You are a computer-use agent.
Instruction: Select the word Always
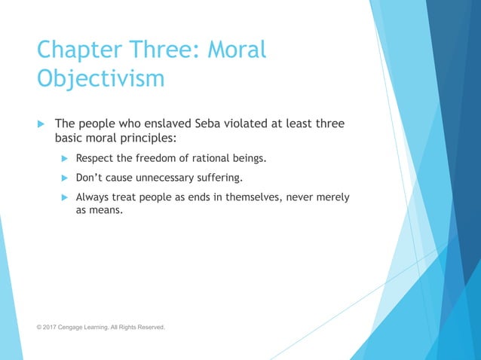coord(94,197)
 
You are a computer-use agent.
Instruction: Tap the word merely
coord(332,197)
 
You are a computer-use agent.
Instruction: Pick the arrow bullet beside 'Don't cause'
coord(65,178)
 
